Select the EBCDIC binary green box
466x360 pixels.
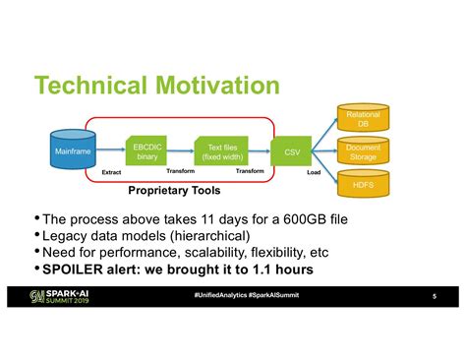[x=147, y=150]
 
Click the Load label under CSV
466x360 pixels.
[x=314, y=173]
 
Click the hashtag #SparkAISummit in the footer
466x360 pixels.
[x=280, y=296]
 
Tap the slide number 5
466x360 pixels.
[x=434, y=297]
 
